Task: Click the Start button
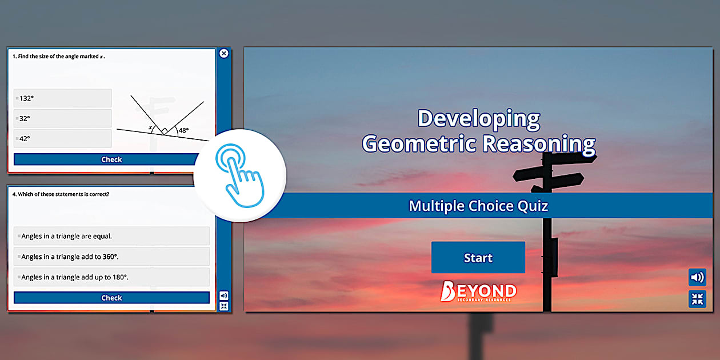coord(478,258)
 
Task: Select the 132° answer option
coord(62,98)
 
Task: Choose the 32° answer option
coord(62,118)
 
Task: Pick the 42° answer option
coord(62,138)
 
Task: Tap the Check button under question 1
coord(111,159)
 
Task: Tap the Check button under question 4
coord(111,298)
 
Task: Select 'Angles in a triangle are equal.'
coord(111,236)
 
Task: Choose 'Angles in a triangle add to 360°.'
coord(111,257)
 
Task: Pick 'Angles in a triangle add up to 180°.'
coord(111,277)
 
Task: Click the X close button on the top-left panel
coord(224,53)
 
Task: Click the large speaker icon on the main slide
coord(697,278)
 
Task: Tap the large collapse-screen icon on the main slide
coord(697,299)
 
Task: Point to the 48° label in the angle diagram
coord(183,130)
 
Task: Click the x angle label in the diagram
coord(150,128)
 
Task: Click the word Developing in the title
coord(478,119)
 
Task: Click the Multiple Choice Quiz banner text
coord(478,206)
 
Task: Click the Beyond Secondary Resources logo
coord(478,291)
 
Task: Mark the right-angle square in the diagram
coord(164,131)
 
